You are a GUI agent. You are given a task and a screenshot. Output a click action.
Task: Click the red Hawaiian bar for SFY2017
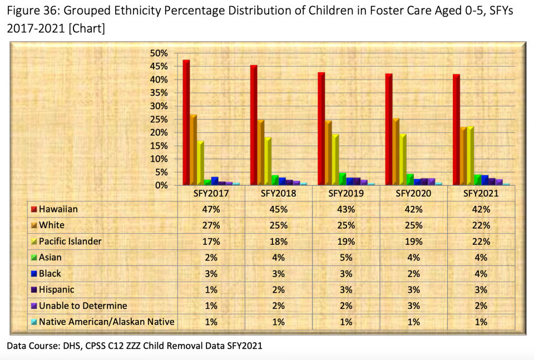186,122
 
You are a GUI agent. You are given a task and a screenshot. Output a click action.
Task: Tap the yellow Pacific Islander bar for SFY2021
470,156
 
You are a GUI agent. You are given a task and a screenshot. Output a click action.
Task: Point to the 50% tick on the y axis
159,53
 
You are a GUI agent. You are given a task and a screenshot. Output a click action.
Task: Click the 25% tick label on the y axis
159,119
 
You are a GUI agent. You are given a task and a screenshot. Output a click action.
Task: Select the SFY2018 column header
278,194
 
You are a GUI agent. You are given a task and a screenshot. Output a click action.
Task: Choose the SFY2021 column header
481,194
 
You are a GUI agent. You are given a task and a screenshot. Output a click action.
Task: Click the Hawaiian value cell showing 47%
211,209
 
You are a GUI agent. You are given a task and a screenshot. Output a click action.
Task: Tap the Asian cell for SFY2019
345,257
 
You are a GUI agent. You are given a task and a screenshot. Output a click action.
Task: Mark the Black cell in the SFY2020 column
413,273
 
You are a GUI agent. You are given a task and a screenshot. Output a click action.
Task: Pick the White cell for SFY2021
481,225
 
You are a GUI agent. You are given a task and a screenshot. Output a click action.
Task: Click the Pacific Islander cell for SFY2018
278,241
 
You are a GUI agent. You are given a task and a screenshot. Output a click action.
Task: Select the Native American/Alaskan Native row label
106,322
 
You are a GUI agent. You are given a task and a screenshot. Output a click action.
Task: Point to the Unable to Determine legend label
83,305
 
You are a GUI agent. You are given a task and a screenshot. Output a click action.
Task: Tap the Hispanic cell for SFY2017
211,289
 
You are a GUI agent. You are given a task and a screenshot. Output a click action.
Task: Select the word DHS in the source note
75,346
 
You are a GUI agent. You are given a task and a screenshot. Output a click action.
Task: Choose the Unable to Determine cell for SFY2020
413,305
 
